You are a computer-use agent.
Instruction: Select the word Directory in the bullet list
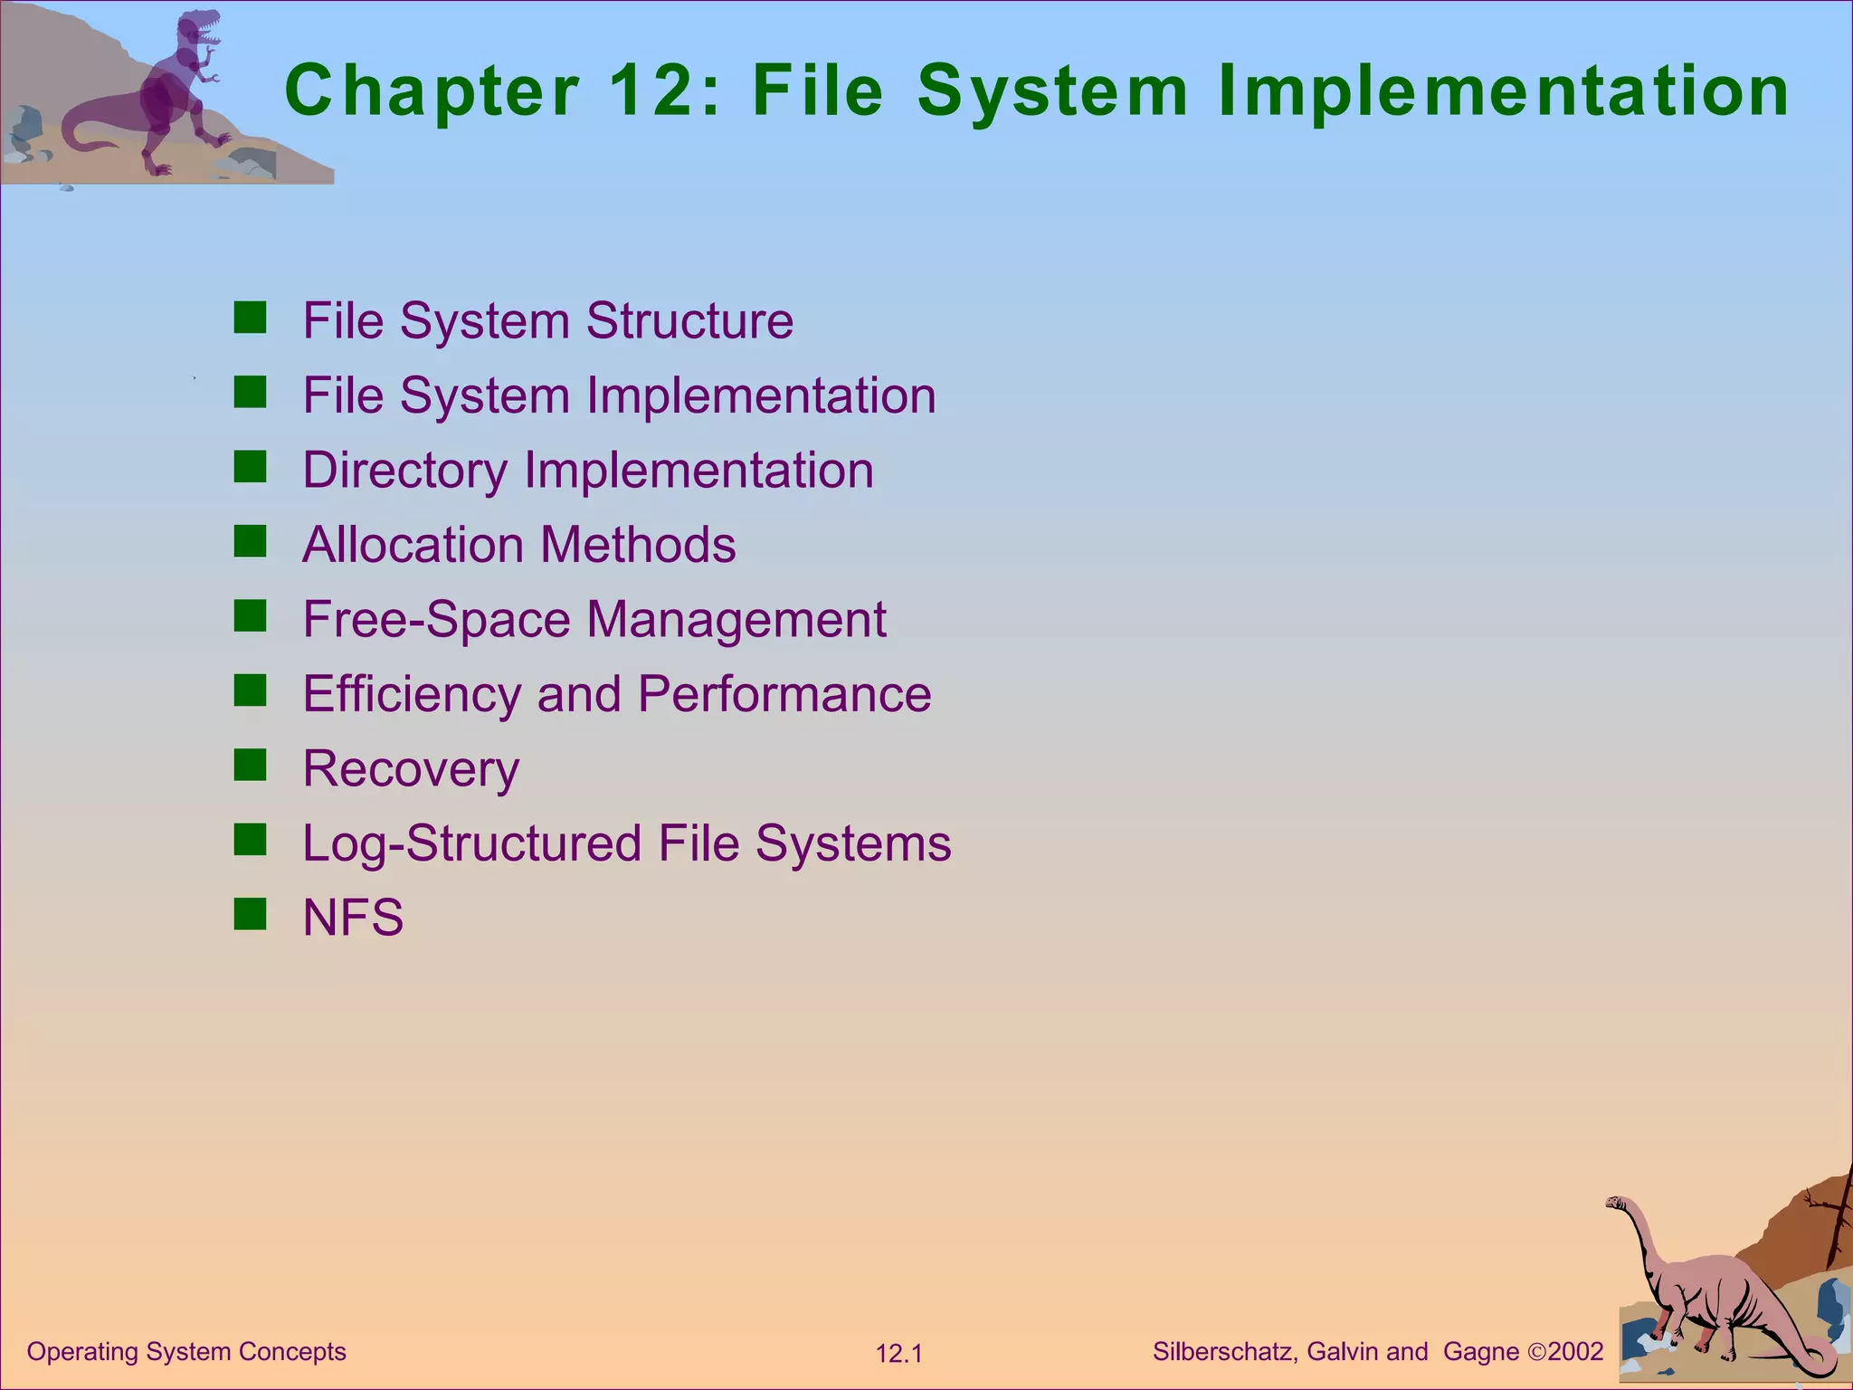point(405,471)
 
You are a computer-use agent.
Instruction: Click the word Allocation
point(413,545)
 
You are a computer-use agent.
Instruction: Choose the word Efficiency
point(412,695)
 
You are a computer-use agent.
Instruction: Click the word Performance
point(784,694)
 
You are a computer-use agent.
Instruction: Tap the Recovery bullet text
point(411,769)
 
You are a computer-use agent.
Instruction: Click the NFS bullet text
point(353,918)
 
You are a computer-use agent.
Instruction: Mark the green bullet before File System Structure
point(250,318)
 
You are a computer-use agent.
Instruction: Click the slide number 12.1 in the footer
point(898,1354)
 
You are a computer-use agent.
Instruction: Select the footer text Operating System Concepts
point(186,1352)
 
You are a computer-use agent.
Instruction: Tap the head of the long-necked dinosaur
point(1617,1204)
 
